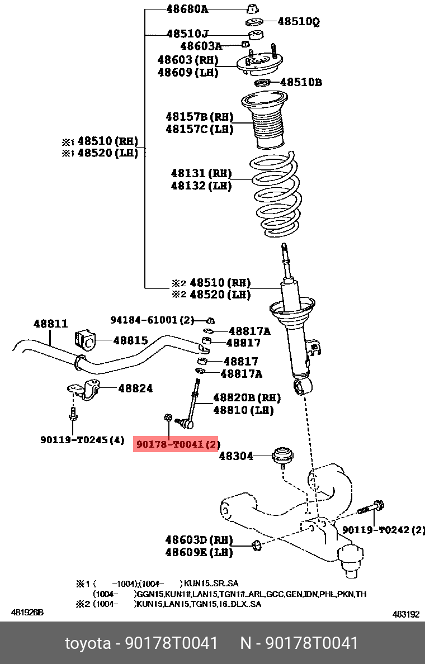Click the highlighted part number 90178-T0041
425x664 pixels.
176,444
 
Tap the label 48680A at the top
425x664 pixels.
187,9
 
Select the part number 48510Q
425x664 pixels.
299,22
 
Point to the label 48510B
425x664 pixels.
301,82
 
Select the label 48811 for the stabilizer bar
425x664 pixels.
50,324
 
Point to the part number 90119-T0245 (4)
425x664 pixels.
82,440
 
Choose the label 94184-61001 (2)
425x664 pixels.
152,320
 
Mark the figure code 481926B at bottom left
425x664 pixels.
27,613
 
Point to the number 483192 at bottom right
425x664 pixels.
405,614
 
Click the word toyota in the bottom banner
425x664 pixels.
88,643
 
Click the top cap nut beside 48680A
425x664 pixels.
253,8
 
